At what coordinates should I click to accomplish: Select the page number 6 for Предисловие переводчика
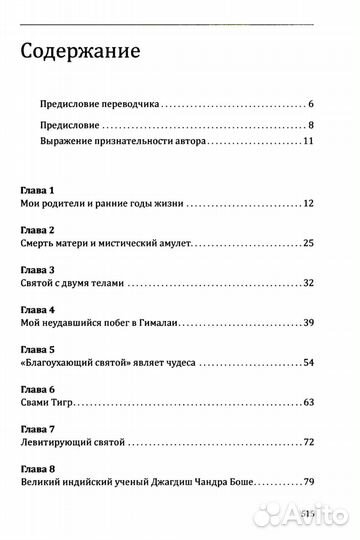point(312,104)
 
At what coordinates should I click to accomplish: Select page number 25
point(309,243)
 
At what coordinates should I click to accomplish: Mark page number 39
point(309,324)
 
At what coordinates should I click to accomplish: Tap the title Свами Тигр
point(48,404)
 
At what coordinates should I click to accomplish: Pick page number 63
point(309,404)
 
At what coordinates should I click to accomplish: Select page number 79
point(309,485)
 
